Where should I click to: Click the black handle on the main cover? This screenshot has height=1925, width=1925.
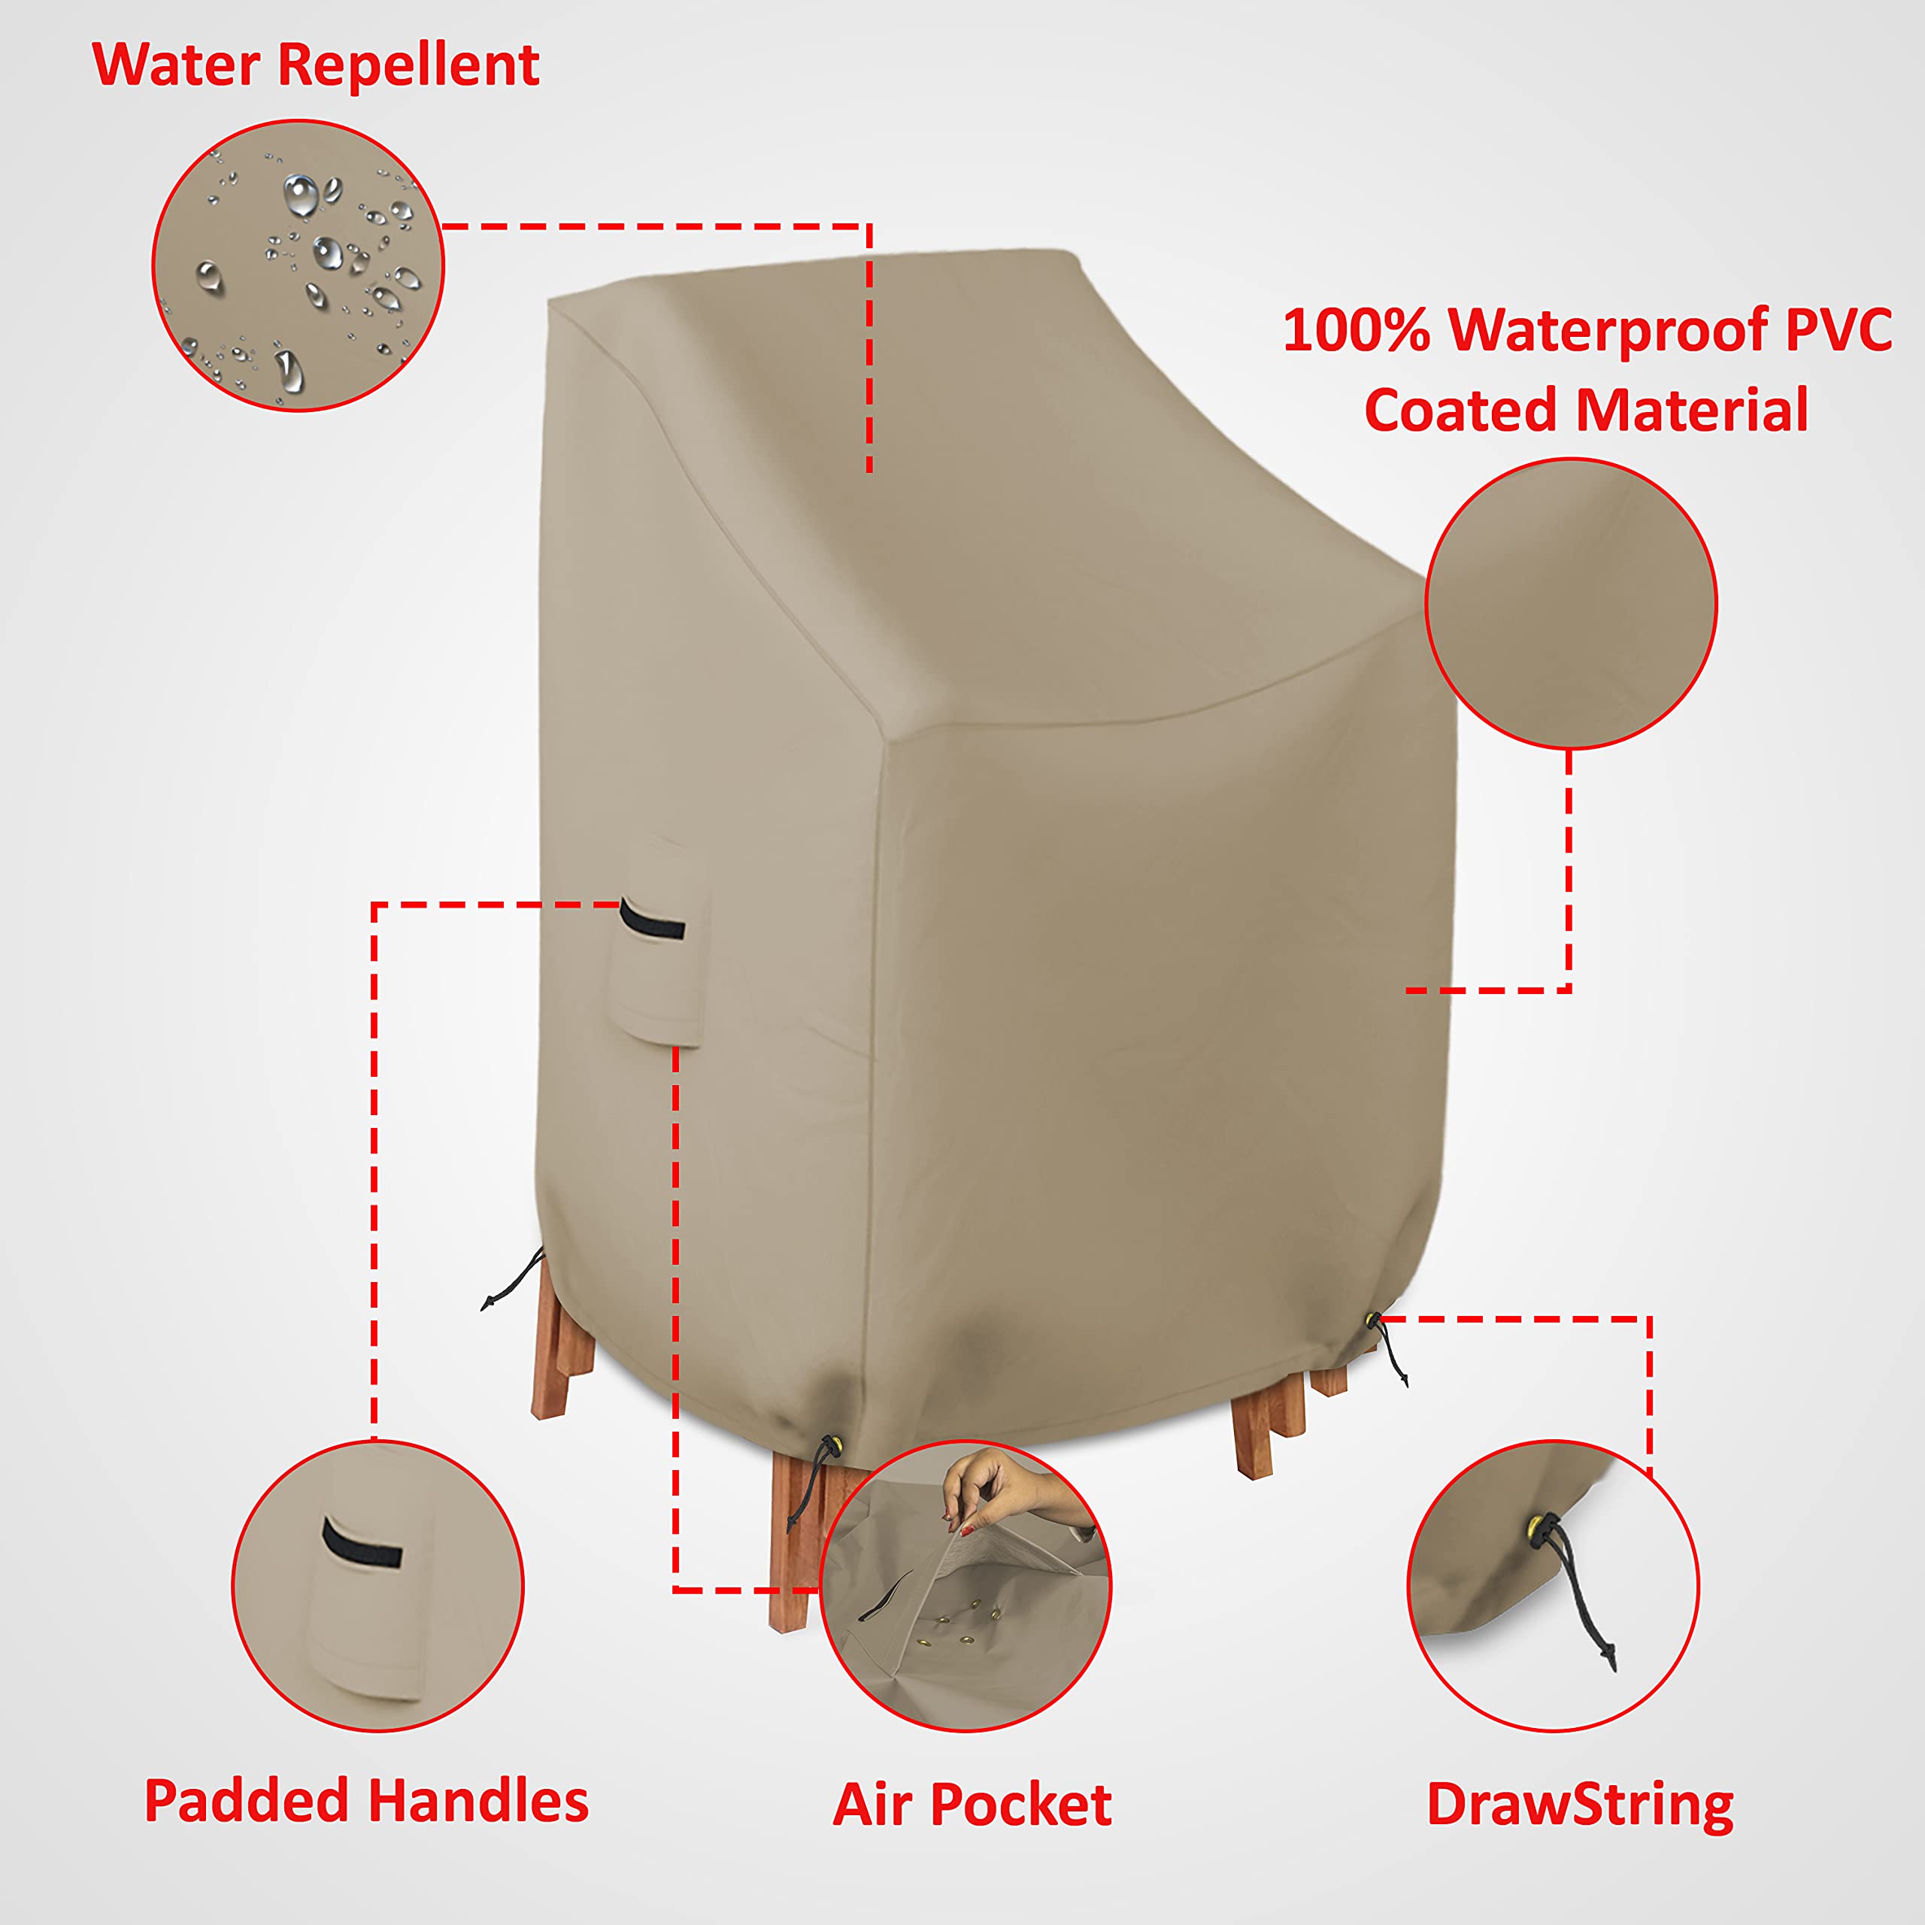pyautogui.click(x=653, y=922)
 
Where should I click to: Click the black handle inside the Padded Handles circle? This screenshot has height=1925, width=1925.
pyautogui.click(x=362, y=1548)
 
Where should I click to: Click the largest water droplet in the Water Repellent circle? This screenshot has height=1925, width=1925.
pyautogui.click(x=300, y=194)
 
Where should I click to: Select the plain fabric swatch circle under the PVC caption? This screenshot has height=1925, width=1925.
pyautogui.click(x=1570, y=604)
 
